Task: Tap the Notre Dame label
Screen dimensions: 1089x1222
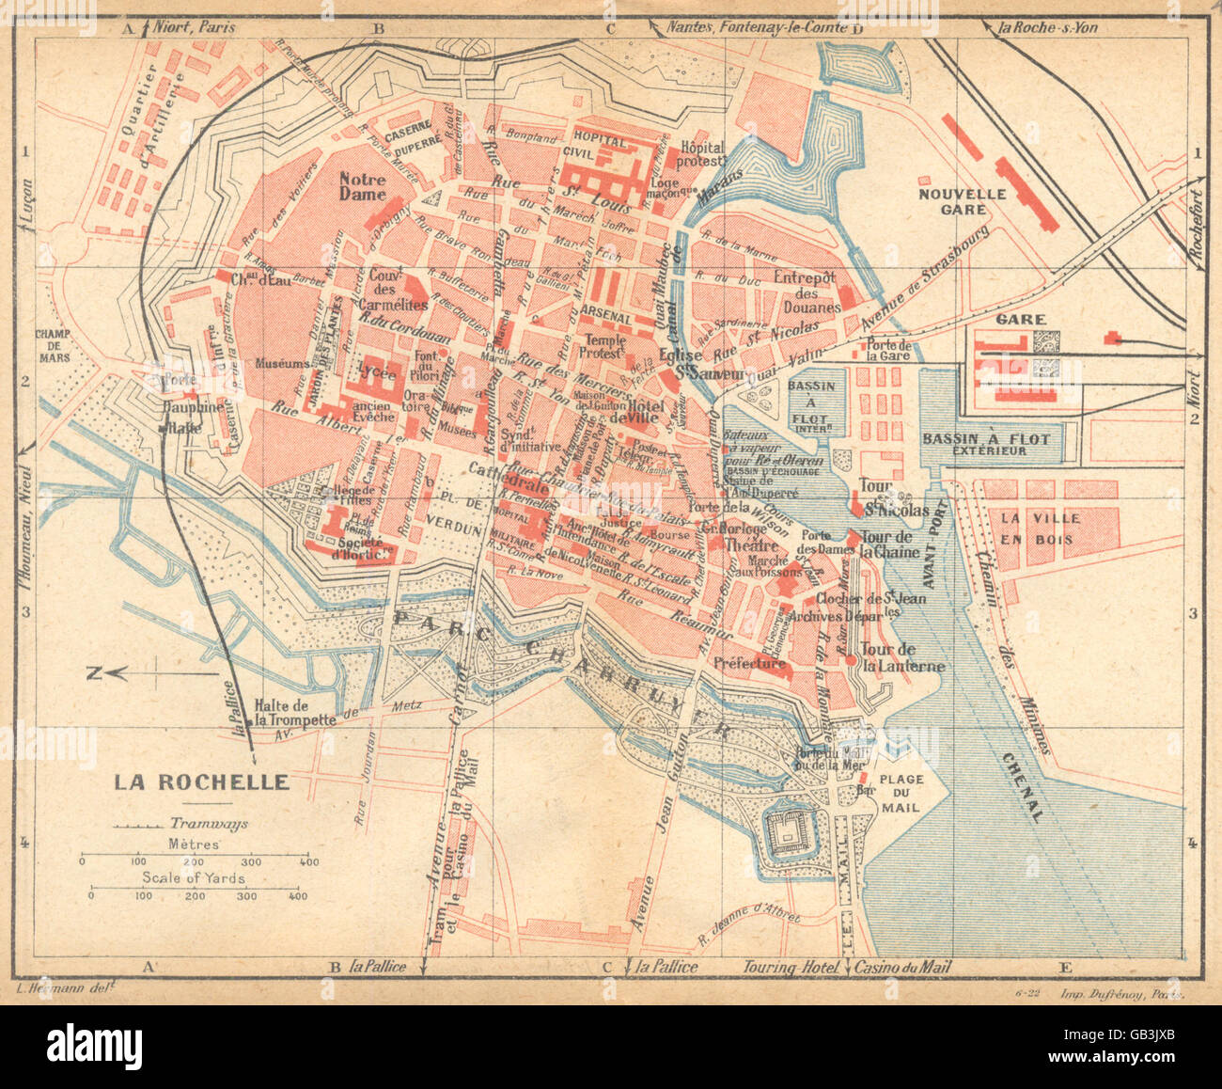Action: point(363,186)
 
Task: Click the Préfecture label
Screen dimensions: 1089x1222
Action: point(749,663)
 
